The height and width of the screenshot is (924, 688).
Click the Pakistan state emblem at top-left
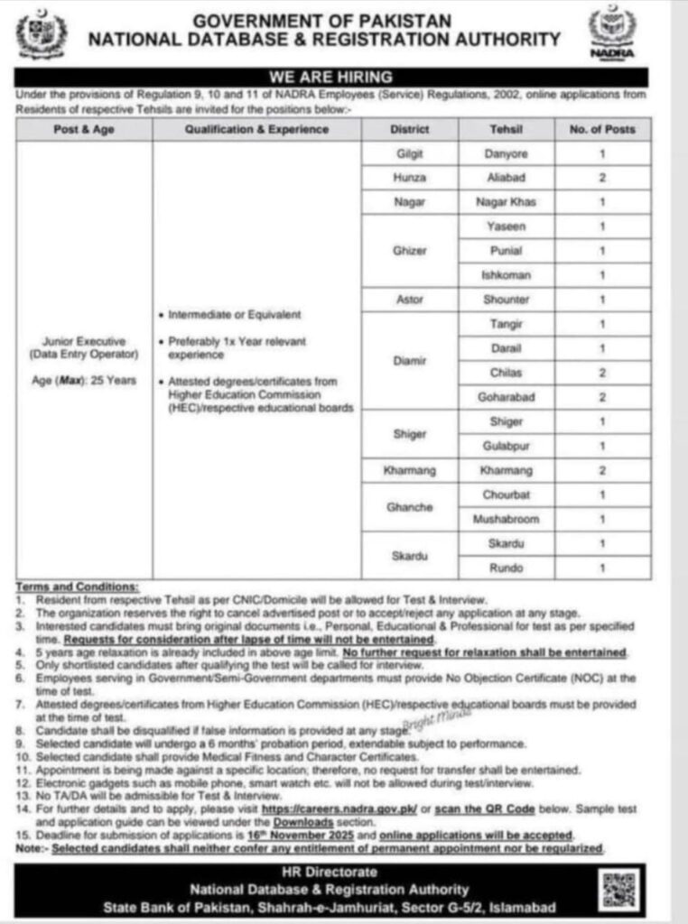pos(42,34)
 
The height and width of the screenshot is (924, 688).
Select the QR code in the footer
pos(620,890)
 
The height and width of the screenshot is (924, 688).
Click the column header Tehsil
pos(507,129)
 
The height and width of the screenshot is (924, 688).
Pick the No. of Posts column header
pos(602,129)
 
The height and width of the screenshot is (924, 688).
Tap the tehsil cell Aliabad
pos(507,179)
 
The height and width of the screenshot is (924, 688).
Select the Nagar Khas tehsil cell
pos(507,203)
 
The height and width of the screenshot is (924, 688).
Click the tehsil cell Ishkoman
pos(507,275)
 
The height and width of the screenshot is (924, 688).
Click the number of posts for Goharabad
pos(602,397)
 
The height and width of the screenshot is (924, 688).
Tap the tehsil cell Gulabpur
pos(507,446)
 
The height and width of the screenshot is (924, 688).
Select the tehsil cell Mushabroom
pos(507,519)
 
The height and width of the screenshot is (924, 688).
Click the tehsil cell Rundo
pos(507,568)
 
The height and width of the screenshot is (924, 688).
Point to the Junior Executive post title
pos(85,342)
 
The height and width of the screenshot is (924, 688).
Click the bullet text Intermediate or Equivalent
pos(235,315)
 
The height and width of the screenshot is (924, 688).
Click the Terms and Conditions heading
pos(78,587)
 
